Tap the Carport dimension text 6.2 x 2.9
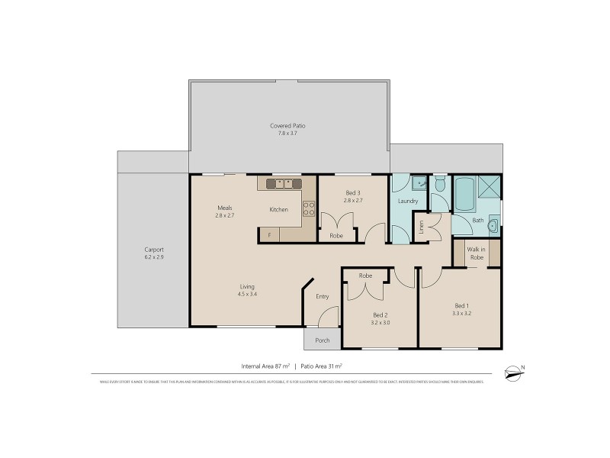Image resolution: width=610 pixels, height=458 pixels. pyautogui.click(x=154, y=258)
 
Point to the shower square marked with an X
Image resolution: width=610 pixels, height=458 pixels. pyautogui.click(x=491, y=186)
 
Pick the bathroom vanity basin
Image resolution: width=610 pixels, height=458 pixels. pyautogui.click(x=493, y=225)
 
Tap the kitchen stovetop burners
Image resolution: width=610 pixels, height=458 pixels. pyautogui.click(x=310, y=208)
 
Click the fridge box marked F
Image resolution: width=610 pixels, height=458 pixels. pyautogui.click(x=269, y=235)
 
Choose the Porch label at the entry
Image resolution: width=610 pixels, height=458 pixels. pyautogui.click(x=323, y=340)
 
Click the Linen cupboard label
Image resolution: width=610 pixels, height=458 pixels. pyautogui.click(x=420, y=227)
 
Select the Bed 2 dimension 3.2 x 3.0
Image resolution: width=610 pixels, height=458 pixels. pyautogui.click(x=380, y=323)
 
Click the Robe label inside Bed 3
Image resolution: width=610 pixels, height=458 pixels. pyautogui.click(x=335, y=236)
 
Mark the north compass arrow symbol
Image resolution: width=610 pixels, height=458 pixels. pyautogui.click(x=515, y=372)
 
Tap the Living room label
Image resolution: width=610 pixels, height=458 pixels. pyautogui.click(x=246, y=286)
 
